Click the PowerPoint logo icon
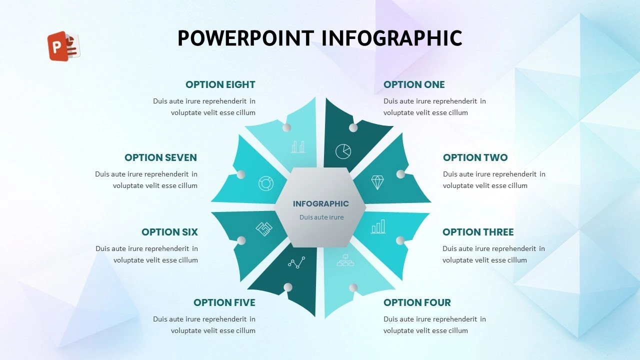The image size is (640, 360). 63,46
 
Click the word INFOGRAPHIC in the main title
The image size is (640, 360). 392,38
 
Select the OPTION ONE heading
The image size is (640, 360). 414,84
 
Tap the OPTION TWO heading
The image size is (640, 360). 475,157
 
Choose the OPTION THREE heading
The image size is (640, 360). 478,232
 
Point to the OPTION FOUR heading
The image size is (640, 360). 417,302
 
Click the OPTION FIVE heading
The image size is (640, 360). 224,302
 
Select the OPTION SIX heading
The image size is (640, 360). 169,232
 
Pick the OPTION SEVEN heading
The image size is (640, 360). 160,157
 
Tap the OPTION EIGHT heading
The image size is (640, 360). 220,84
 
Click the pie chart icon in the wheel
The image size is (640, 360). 343,151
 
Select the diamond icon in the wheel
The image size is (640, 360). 377,182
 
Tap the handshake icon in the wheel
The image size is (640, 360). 264,229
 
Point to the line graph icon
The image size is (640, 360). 296,262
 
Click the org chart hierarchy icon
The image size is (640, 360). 345,260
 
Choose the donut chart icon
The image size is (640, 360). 266,183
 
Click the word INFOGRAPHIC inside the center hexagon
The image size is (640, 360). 321,203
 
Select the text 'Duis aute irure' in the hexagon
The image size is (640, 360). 321,217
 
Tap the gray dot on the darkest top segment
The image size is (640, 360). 353,127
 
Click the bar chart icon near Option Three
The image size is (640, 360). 378,226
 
